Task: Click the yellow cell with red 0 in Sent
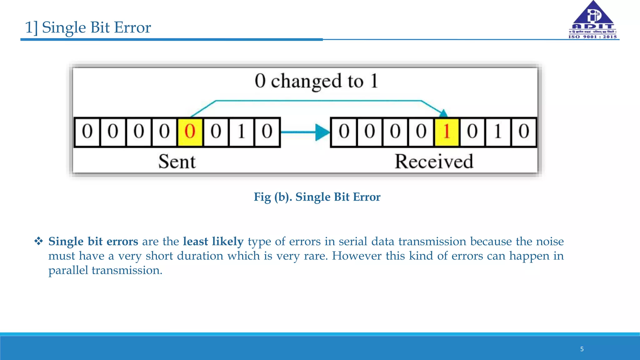190,132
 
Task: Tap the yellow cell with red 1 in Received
447,132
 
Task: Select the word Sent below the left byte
177,162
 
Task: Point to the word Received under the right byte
434,162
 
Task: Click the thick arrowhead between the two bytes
322,132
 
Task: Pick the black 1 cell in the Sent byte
241,132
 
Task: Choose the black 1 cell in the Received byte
498,132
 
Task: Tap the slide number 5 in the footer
582,349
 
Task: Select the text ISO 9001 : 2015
593,37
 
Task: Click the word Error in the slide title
132,27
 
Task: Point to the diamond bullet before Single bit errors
39,241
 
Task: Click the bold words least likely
213,242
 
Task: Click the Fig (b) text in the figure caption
272,197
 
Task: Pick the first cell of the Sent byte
87,132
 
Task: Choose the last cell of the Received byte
524,132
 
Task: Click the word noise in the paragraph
550,242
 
